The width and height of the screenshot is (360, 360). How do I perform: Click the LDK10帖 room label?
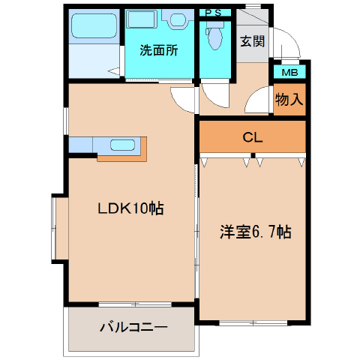(130, 208)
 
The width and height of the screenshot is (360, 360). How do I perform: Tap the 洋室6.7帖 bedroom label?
(255, 232)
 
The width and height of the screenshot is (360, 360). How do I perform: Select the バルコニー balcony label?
(133, 327)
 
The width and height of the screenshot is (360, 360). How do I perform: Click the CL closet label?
(253, 137)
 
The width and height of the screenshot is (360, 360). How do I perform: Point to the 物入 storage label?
(289, 99)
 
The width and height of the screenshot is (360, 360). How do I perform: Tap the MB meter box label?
(289, 73)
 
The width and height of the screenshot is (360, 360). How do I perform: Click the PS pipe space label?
(214, 13)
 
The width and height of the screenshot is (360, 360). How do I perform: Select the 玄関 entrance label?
(253, 41)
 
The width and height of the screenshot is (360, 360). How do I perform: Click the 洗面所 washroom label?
(159, 50)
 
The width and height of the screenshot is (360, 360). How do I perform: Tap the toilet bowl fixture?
(215, 36)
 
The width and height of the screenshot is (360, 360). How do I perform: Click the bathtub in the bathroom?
(94, 26)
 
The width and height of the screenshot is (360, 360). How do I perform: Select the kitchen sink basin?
(122, 145)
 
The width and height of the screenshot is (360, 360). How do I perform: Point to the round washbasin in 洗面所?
(178, 19)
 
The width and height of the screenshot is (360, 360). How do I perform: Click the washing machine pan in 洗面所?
(142, 19)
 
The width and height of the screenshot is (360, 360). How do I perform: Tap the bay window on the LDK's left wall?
(59, 229)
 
